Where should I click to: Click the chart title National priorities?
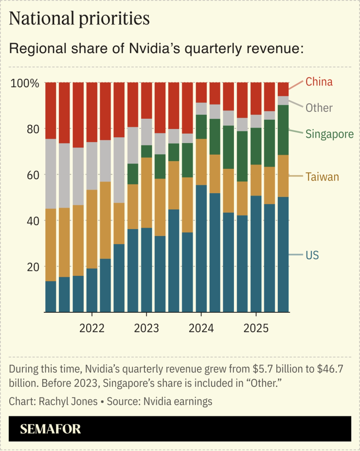pos(79,18)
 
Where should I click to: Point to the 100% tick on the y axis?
pos(24,83)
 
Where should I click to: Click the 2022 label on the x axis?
pos(91,328)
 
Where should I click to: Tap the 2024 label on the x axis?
pos(201,328)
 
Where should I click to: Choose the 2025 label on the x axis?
pos(256,328)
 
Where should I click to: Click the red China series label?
pos(319,82)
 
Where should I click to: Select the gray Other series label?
pos(319,108)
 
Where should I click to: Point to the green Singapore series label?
pos(329,134)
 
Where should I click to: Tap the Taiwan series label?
pos(322,177)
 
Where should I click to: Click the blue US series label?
pos(312,255)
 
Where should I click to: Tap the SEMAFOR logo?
pos(51,429)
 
